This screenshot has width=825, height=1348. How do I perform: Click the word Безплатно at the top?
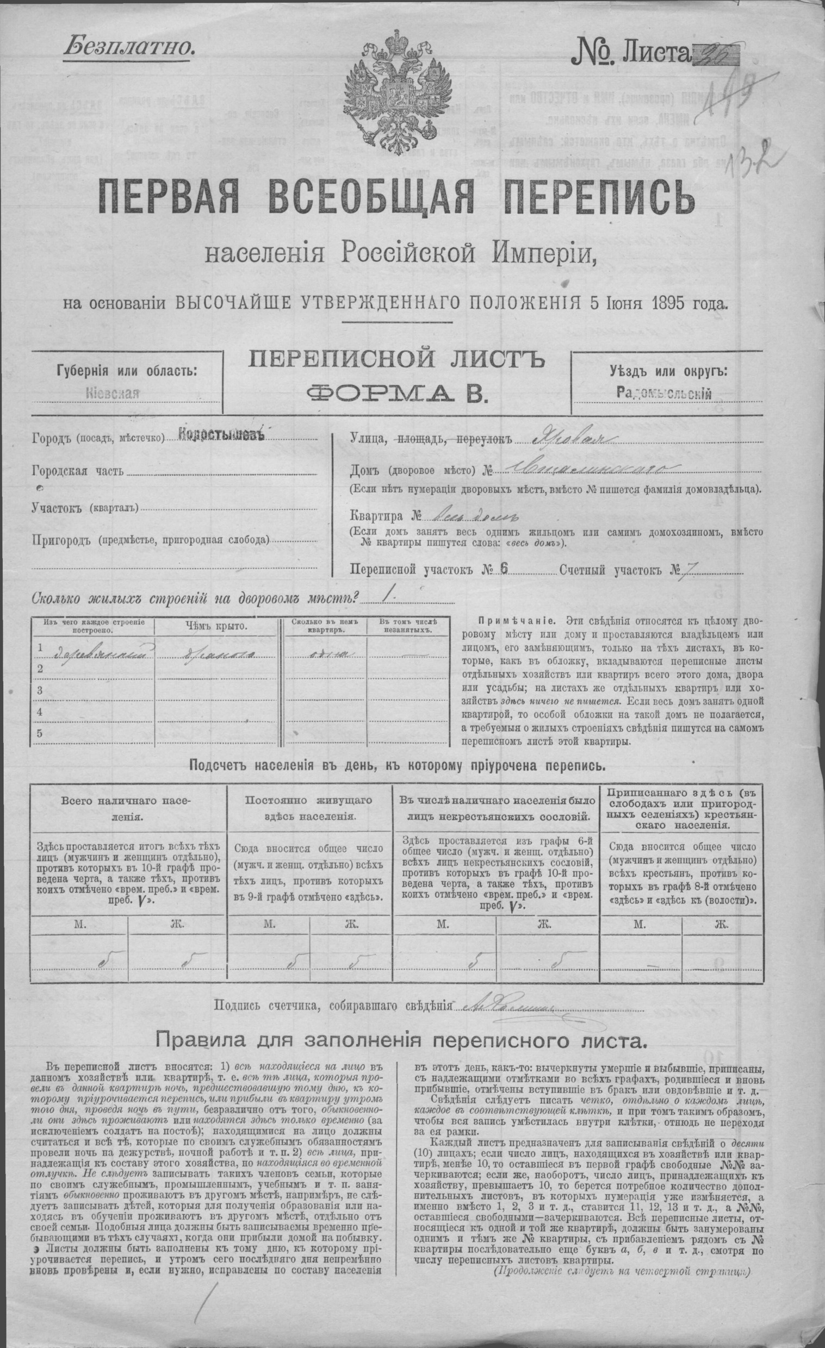click(129, 47)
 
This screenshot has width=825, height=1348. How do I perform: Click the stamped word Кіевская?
click(113, 393)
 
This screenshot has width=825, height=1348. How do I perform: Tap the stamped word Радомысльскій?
click(663, 392)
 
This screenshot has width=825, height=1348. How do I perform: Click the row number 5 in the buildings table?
click(39, 734)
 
